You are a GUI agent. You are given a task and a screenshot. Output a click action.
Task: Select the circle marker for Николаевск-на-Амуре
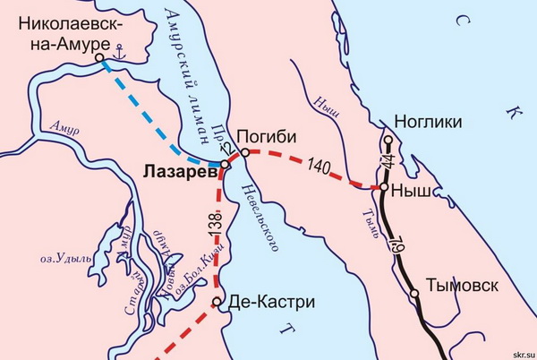99,58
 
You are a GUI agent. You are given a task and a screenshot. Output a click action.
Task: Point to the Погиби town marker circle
244,153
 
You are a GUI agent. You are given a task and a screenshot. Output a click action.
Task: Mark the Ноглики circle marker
388,140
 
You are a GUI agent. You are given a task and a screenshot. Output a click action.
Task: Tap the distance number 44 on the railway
387,164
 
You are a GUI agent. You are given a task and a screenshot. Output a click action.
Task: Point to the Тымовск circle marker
414,294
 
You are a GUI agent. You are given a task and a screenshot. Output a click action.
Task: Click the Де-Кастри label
273,302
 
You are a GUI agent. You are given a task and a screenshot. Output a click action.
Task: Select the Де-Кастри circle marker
217,302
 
